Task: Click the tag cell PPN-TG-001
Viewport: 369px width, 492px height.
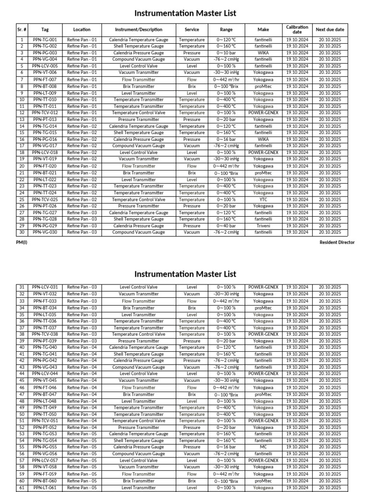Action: tap(45, 40)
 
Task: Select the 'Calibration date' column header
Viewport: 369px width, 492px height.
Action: tap(297, 29)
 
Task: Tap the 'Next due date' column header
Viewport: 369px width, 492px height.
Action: tap(330, 29)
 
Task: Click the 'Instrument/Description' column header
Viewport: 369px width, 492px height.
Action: tap(138, 29)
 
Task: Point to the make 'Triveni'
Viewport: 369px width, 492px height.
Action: tap(263, 226)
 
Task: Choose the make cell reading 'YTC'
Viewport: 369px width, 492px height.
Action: tap(263, 199)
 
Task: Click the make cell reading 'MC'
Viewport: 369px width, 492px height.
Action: tap(263, 447)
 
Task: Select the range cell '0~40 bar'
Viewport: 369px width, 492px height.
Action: tap(226, 226)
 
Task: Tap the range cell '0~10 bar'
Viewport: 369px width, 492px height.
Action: tap(226, 53)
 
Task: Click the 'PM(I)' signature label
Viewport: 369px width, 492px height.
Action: tap(22, 242)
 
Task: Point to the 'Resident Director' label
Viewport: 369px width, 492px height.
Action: tap(337, 242)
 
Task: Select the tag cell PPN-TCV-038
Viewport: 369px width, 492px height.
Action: tap(45, 334)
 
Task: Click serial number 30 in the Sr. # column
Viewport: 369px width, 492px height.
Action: tap(22, 232)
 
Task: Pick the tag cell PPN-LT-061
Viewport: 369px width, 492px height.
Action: tap(45, 488)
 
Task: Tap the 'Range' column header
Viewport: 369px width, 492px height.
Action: tap(226, 29)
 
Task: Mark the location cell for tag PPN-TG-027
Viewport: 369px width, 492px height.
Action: tap(82, 212)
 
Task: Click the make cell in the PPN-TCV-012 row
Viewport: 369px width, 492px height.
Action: tap(263, 113)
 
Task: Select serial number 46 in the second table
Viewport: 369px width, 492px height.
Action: tap(22, 387)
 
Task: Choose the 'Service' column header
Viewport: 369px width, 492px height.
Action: tap(192, 29)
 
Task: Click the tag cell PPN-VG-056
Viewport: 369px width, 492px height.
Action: tap(45, 454)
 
